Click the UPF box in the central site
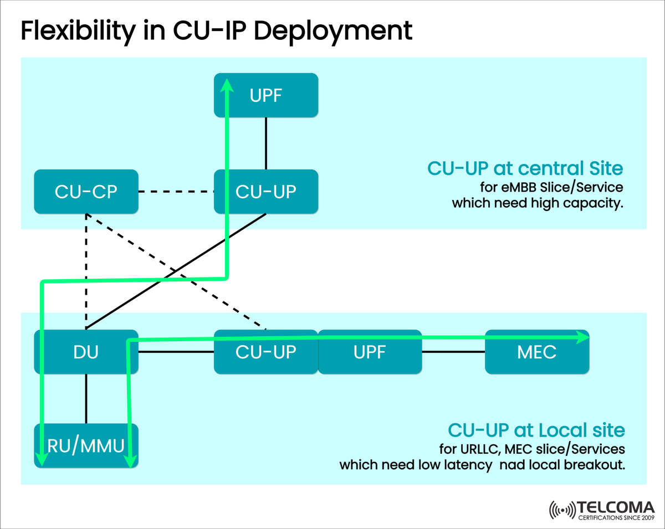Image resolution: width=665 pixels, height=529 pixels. [266, 95]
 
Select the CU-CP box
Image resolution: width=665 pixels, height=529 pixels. [86, 192]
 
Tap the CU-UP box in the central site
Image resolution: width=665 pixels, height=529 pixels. [266, 192]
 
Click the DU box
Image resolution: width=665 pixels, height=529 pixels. [86, 352]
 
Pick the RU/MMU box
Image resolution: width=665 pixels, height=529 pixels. [86, 446]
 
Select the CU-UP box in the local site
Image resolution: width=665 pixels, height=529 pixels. [266, 352]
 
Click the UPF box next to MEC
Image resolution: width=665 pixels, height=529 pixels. [369, 352]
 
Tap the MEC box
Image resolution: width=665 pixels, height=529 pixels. [536, 352]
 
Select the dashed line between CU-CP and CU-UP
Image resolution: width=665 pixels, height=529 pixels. [176, 192]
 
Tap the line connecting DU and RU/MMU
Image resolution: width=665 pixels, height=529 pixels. [86, 399]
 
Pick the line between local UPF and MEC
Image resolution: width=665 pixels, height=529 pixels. [453, 352]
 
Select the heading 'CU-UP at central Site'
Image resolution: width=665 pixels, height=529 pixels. [525, 168]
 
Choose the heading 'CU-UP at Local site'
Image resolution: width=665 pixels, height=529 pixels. [536, 430]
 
